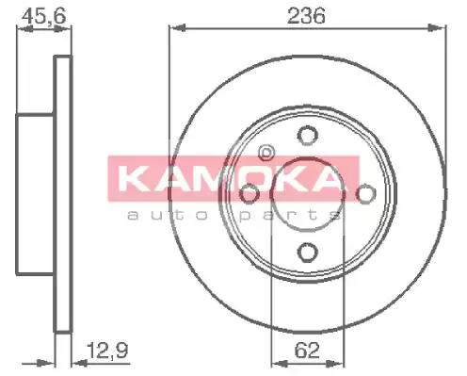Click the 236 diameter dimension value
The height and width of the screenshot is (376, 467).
306,16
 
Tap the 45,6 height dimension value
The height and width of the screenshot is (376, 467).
44,16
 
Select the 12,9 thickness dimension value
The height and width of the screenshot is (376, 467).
107,351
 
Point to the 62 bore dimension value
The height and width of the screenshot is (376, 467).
307,351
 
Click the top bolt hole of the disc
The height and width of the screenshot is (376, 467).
308,136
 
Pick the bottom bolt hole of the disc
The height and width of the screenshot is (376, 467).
308,253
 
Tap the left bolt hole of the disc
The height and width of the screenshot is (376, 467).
250,193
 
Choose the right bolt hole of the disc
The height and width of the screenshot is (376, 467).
365,193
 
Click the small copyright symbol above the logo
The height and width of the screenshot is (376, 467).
266,153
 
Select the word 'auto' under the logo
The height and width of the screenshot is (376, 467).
168,216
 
